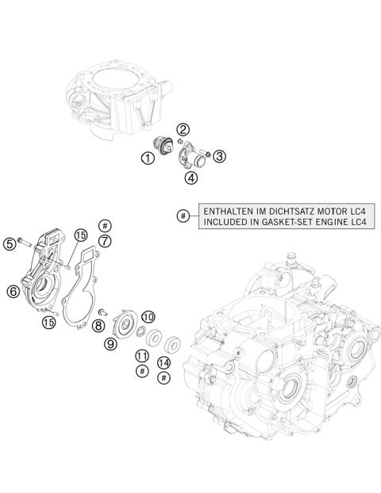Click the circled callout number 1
(x=148, y=158)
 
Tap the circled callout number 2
(x=183, y=130)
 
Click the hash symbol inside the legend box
(x=183, y=216)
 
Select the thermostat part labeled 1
(x=166, y=146)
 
